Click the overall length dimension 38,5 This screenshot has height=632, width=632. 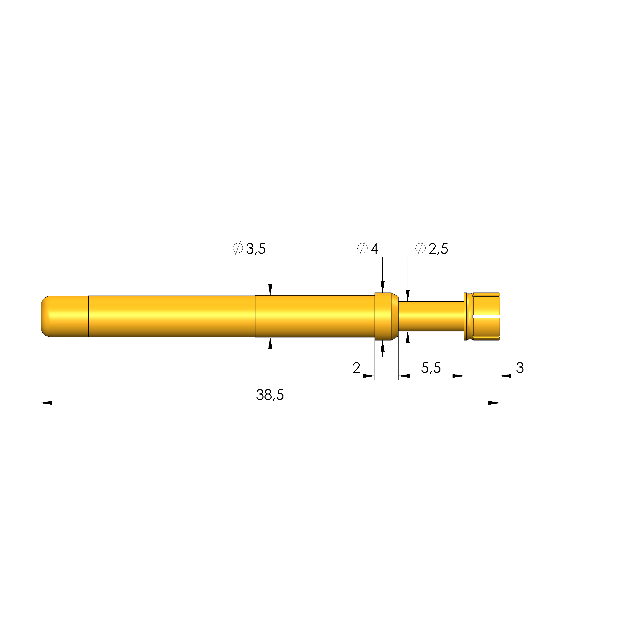click(x=270, y=395)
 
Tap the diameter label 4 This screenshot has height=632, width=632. click(x=374, y=248)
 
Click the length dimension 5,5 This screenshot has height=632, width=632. click(x=431, y=368)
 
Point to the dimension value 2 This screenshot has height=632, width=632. click(x=356, y=368)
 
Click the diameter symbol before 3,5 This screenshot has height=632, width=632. click(x=238, y=248)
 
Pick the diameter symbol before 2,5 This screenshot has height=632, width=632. click(x=420, y=248)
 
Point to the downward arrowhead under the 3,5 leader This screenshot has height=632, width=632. click(x=270, y=289)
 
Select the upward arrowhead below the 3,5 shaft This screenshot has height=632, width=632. click(x=270, y=344)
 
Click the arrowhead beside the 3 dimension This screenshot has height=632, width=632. click(x=506, y=376)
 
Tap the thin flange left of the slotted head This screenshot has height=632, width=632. click(x=466, y=316)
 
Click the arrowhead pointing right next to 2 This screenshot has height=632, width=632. click(x=369, y=376)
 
